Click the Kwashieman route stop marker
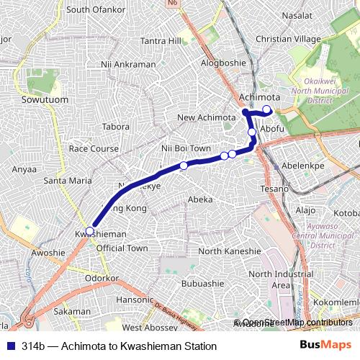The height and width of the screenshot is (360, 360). coord(89,230)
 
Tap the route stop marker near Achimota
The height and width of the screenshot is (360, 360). coord(267,109)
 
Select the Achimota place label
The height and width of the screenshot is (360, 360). coord(259,96)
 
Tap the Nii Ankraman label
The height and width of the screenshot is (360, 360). coord(129,64)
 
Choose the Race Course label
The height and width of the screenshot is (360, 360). coord(93,148)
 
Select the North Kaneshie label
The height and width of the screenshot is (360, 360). coord(229,251)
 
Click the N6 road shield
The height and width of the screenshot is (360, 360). coord(192,4)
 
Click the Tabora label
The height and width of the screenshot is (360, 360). coord(116,126)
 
